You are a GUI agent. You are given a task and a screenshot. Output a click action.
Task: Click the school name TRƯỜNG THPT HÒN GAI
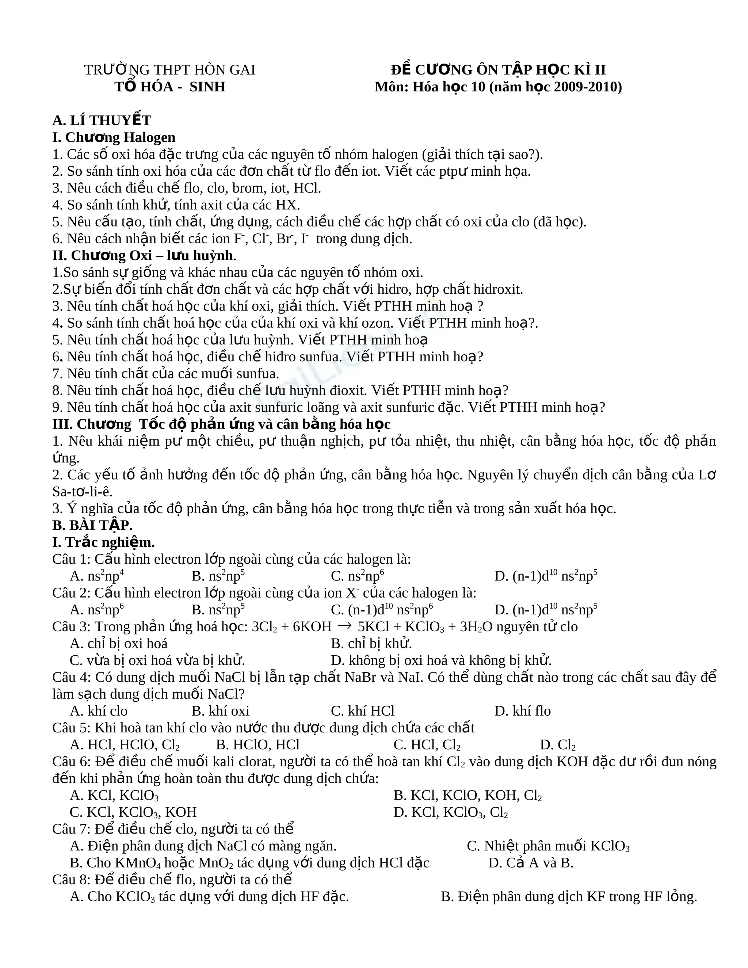click(170, 70)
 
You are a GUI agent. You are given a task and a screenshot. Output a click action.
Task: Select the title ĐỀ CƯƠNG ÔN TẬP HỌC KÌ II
click(498, 70)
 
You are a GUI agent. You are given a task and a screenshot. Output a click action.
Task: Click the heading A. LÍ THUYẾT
click(102, 121)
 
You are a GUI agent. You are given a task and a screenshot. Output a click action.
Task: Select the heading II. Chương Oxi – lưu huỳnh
click(143, 256)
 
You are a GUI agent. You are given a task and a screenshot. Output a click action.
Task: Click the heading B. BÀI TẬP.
click(92, 525)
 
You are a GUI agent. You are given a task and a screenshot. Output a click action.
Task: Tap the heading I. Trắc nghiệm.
click(103, 542)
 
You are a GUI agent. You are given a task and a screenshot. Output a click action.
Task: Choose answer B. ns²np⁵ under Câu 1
click(218, 576)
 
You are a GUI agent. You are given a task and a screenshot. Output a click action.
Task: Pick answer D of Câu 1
click(546, 576)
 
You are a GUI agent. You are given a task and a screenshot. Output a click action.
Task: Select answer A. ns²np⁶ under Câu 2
click(96, 610)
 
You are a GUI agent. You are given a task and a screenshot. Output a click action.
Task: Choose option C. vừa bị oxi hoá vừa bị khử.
click(157, 660)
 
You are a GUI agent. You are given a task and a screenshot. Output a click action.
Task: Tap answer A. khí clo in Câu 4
click(98, 711)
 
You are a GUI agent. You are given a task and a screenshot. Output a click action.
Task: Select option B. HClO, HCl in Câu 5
click(257, 744)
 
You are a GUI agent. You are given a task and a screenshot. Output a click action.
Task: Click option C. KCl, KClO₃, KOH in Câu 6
click(133, 812)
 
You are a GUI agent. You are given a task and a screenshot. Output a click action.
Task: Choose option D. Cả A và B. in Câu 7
click(530, 862)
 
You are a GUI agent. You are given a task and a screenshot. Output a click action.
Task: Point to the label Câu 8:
click(72, 879)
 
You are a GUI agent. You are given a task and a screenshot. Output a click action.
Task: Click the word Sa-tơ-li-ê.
click(83, 492)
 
